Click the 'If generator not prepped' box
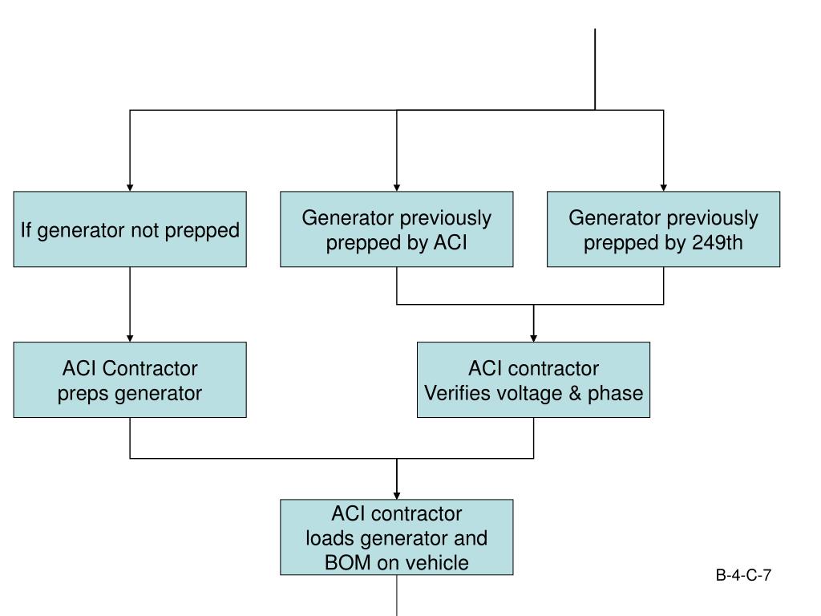pos(130,229)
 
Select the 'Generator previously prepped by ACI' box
pos(396,229)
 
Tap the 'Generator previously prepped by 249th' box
pos(663,229)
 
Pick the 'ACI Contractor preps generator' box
pos(130,379)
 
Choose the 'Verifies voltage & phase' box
pos(533,379)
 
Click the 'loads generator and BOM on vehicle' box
pos(396,537)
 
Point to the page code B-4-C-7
pos(743,575)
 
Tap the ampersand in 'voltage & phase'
pos(575,393)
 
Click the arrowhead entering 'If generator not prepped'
pos(130,188)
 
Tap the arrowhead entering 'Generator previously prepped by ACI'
pos(396,188)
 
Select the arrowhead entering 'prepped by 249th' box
pos(663,188)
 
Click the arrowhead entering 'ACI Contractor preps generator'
pos(130,338)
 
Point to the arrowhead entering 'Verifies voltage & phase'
pos(533,338)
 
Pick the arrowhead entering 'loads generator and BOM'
pos(396,496)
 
